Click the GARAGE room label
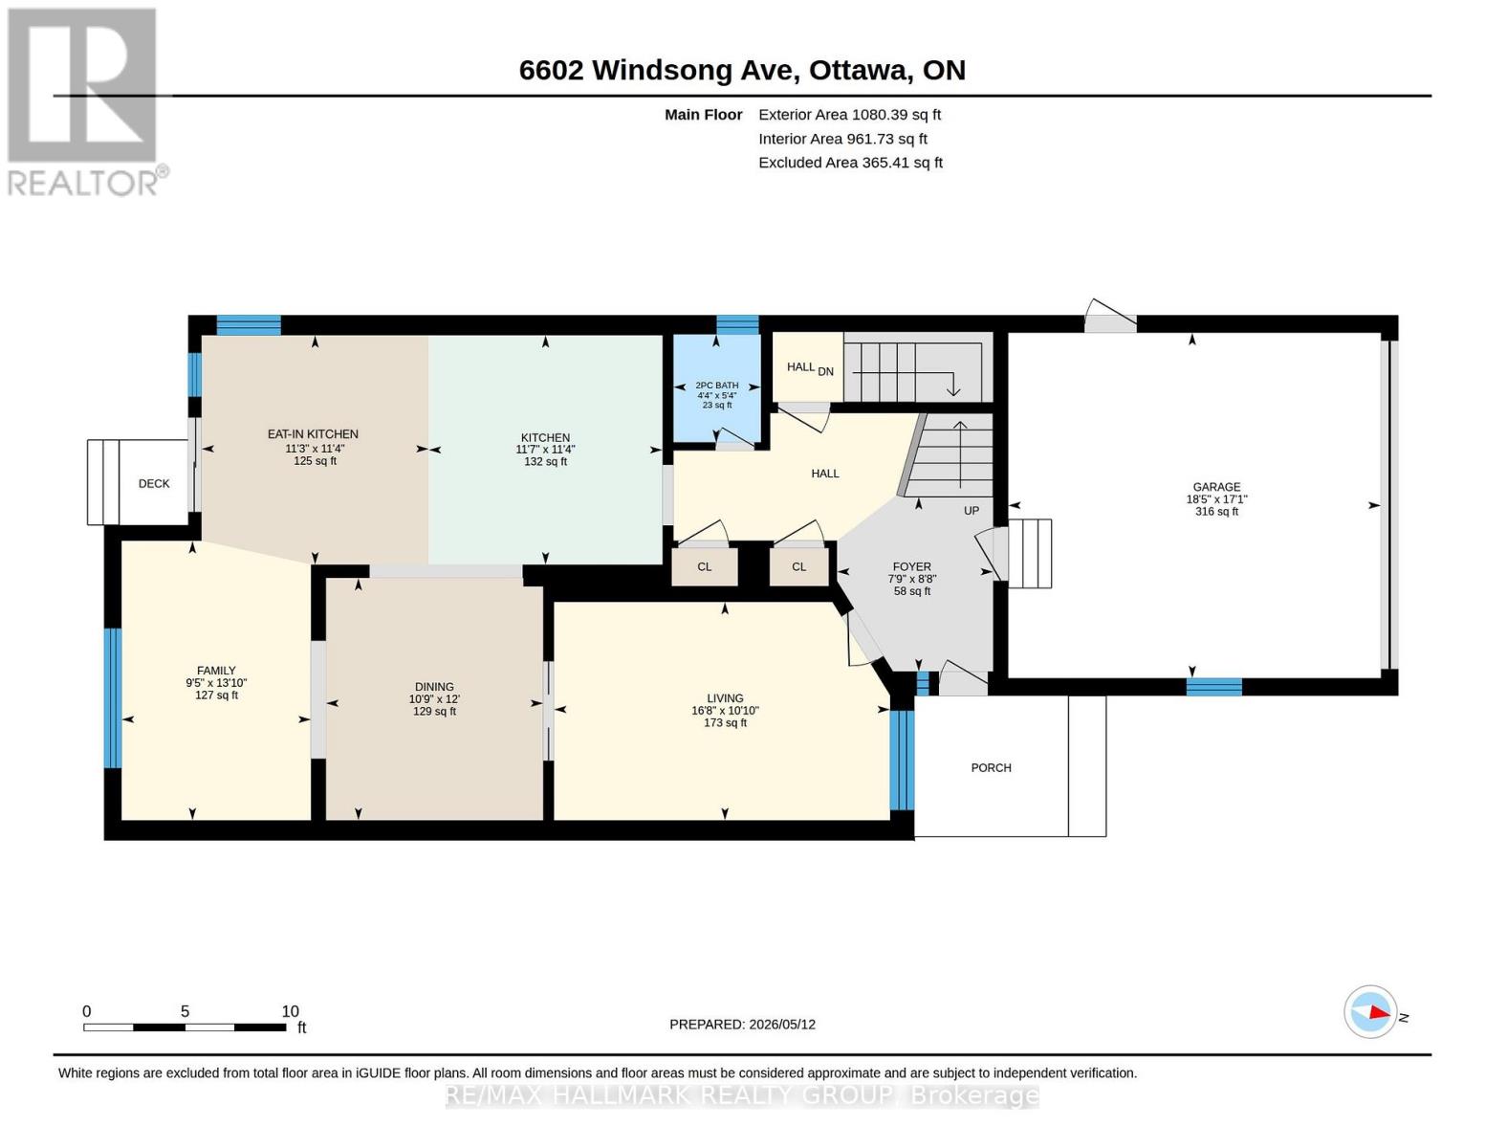click(1216, 487)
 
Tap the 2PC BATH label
click(717, 385)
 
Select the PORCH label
click(991, 768)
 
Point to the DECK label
click(154, 483)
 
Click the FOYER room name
click(911, 566)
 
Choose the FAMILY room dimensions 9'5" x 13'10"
click(216, 682)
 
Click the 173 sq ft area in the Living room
click(725, 722)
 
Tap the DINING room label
click(434, 687)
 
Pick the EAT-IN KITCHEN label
click(313, 434)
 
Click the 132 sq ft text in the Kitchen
click(545, 461)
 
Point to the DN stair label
click(825, 372)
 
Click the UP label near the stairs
click(972, 511)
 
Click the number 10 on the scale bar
click(291, 1011)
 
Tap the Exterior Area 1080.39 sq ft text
click(849, 115)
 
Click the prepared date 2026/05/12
click(782, 1025)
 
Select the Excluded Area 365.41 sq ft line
click(850, 163)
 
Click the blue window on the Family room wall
click(113, 698)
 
